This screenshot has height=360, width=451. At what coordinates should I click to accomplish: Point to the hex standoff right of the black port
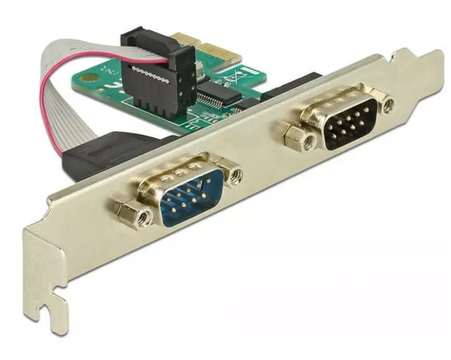[x=387, y=105]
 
